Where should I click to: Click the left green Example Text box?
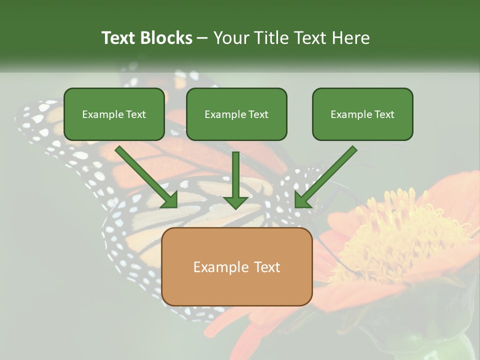click(x=114, y=114)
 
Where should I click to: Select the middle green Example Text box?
click(x=236, y=114)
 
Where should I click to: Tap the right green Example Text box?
click(x=362, y=114)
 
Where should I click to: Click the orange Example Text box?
click(x=237, y=266)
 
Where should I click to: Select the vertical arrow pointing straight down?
click(x=235, y=180)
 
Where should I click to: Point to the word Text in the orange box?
click(x=267, y=267)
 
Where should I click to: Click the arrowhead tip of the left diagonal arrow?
click(x=175, y=205)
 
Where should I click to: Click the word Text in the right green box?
click(x=383, y=114)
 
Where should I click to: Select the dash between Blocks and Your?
click(x=202, y=38)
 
